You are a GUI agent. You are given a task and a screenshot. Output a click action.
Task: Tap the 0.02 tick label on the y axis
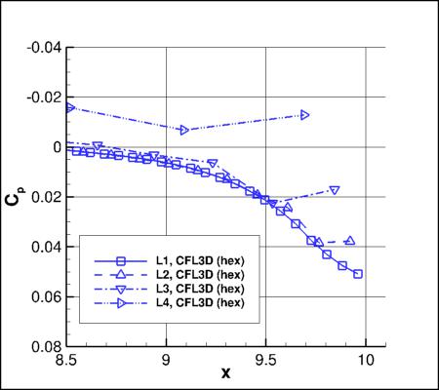[47, 197]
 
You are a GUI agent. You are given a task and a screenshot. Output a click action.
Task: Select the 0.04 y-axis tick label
[47, 247]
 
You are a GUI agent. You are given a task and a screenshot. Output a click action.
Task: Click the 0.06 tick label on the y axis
[47, 296]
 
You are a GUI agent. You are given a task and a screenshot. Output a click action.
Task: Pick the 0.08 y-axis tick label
[47, 346]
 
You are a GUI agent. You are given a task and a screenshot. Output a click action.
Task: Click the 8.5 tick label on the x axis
[67, 359]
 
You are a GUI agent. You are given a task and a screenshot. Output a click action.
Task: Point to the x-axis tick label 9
[167, 359]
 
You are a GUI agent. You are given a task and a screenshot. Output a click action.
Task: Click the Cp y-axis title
[14, 197]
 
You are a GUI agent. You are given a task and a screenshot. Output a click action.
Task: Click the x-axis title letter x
[226, 373]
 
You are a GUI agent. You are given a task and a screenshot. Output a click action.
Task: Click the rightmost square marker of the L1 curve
[358, 274]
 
